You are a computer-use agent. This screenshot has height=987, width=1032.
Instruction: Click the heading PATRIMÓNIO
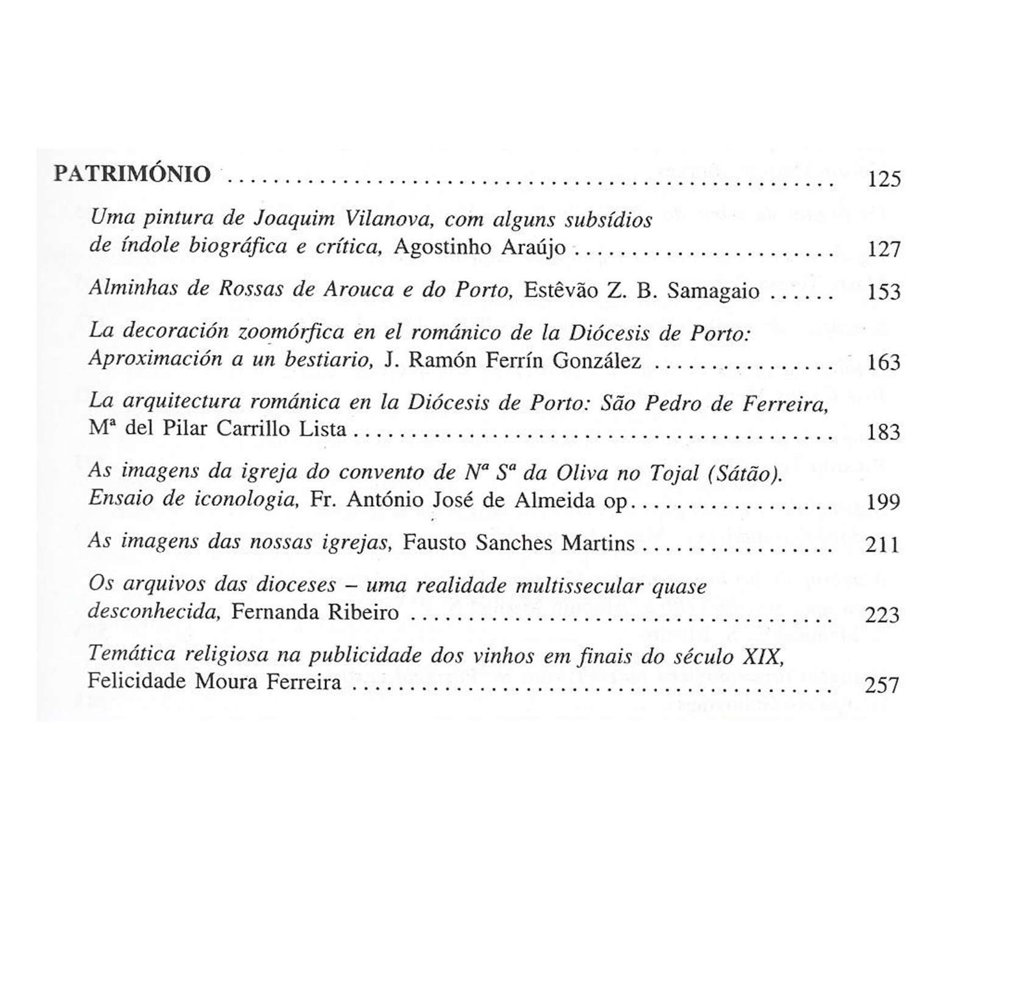132,174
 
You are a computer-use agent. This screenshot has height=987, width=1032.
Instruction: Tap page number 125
883,180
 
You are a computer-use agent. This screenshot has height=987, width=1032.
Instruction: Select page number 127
883,250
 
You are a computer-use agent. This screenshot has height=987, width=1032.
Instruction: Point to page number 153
883,293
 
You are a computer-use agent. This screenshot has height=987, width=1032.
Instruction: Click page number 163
883,363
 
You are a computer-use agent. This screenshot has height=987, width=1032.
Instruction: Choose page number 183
883,432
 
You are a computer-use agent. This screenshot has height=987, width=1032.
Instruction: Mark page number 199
883,502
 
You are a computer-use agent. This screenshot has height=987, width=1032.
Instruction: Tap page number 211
882,544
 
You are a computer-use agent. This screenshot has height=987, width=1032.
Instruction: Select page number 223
882,616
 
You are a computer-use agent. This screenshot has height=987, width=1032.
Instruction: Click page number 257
882,686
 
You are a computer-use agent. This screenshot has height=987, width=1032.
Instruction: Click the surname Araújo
533,248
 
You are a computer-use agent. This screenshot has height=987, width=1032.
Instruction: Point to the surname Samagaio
713,291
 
